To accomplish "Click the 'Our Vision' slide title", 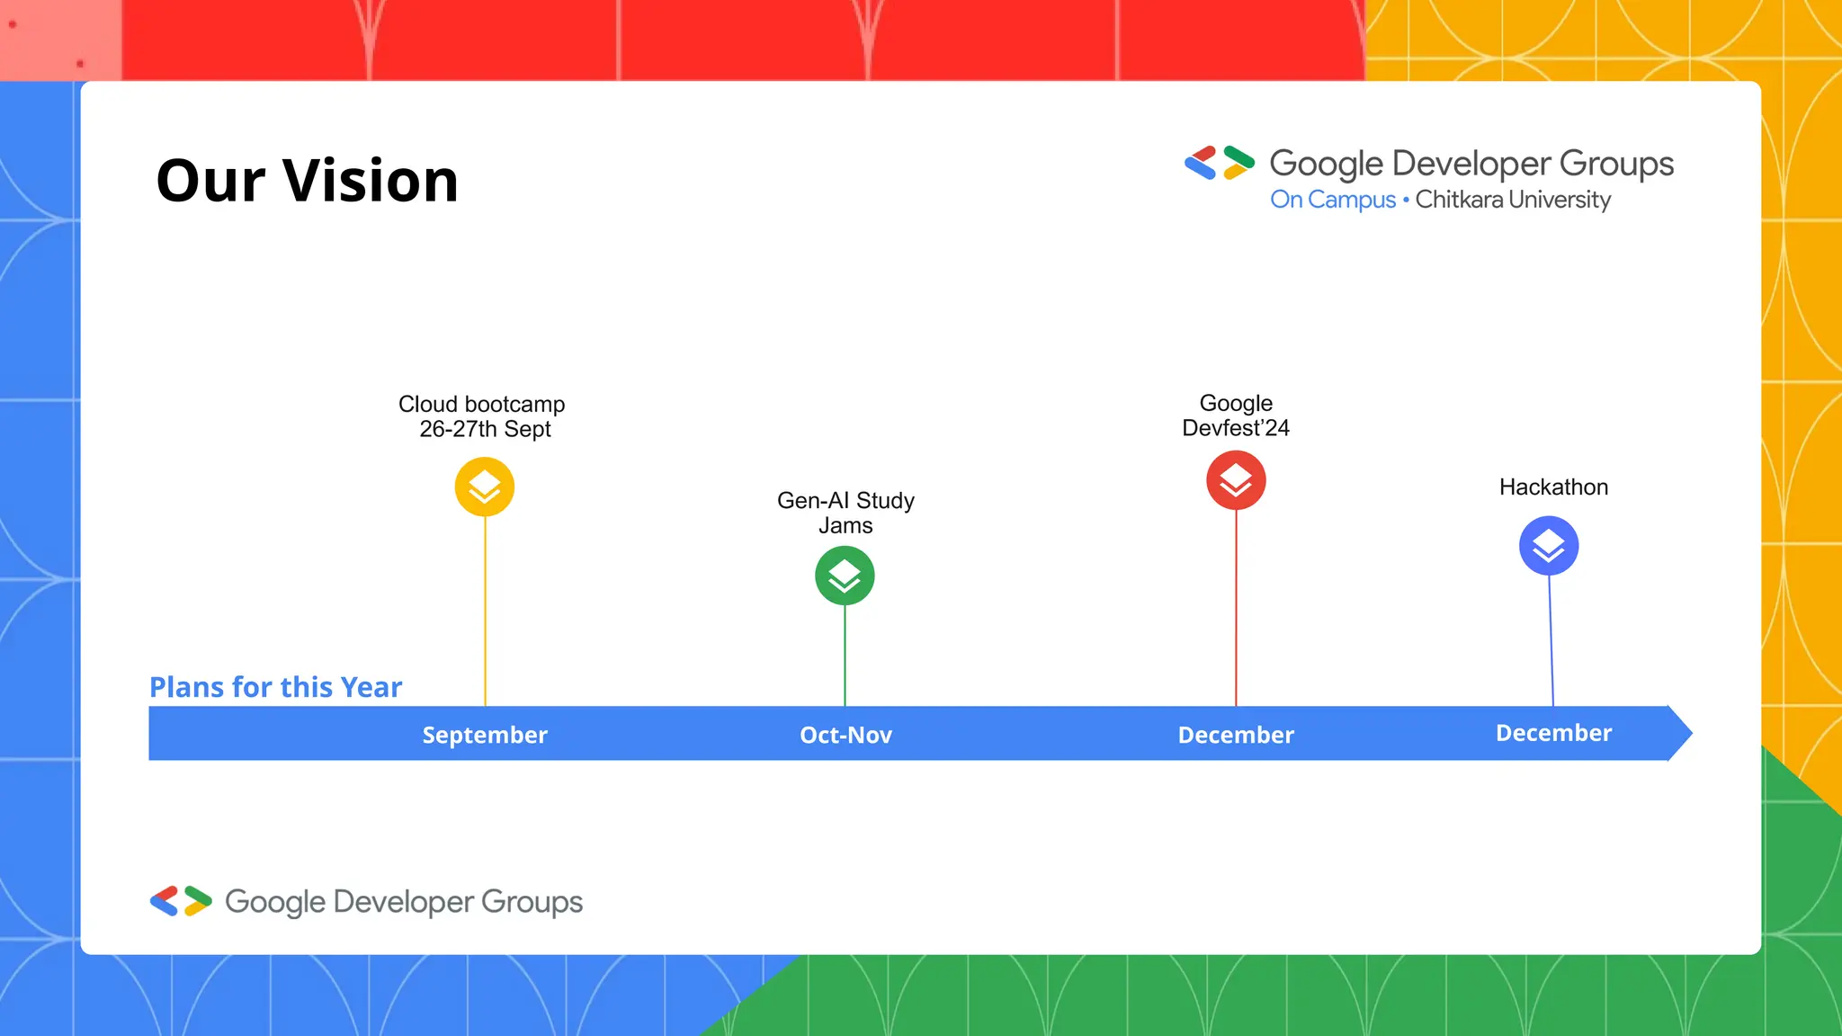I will (307, 181).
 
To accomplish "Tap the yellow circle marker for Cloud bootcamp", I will (485, 487).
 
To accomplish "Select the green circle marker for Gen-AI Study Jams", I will (845, 576).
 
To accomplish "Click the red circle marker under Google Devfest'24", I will (1236, 480).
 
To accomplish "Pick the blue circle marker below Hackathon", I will (1549, 546).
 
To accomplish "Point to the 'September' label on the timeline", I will (485, 735).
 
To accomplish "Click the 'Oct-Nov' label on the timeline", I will (845, 735).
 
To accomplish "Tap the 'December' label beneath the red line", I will (1236, 735).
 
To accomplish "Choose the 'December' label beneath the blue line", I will (1553, 733).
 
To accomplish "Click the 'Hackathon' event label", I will (1553, 487).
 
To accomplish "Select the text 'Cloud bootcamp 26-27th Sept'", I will (483, 416).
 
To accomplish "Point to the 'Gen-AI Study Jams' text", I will (845, 513).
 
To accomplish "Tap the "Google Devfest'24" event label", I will (1236, 415).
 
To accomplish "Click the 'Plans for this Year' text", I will (275, 687).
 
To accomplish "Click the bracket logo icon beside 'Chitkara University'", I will (1220, 163).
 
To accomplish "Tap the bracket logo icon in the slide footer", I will (181, 901).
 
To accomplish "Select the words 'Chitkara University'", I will (1513, 200).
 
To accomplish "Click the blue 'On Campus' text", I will (1332, 200).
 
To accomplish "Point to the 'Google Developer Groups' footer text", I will (404, 902).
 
